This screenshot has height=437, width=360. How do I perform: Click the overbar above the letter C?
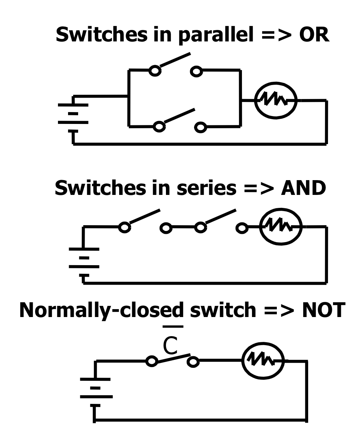[x=174, y=327]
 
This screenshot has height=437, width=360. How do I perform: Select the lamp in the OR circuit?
[x=275, y=101]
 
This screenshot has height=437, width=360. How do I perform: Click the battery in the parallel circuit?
[x=73, y=113]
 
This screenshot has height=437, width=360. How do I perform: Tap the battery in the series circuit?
[x=84, y=258]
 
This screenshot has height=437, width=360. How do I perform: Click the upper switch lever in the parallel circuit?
[x=175, y=60]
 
